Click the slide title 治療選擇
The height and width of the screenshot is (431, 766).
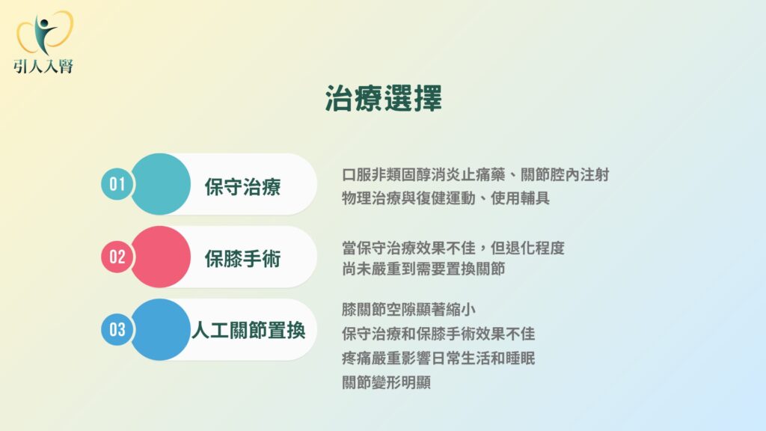point(384,98)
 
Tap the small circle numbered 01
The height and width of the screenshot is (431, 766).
point(117,184)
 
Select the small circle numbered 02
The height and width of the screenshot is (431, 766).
point(117,257)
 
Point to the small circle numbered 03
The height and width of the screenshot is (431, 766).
point(117,330)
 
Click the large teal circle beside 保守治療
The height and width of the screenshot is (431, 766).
point(160,184)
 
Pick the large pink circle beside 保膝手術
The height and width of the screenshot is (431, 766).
point(160,257)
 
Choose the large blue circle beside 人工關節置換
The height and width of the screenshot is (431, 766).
point(160,330)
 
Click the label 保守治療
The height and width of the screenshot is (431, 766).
point(243,186)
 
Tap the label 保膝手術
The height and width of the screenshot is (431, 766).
point(243,259)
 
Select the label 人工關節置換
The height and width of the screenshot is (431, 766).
point(248,331)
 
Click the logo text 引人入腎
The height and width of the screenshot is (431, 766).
point(43,66)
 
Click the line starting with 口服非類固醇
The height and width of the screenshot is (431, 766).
point(475,174)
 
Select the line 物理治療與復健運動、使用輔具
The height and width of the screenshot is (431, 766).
point(446,198)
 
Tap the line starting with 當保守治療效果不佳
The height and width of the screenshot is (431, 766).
point(453,248)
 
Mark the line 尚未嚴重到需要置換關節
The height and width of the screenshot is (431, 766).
point(423,269)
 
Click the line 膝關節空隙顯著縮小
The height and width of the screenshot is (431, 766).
point(409,309)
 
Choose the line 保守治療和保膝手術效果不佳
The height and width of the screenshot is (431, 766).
point(438,334)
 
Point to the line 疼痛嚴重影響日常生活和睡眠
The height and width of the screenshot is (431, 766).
point(438,358)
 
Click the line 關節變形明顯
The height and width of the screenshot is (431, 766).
point(387,382)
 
